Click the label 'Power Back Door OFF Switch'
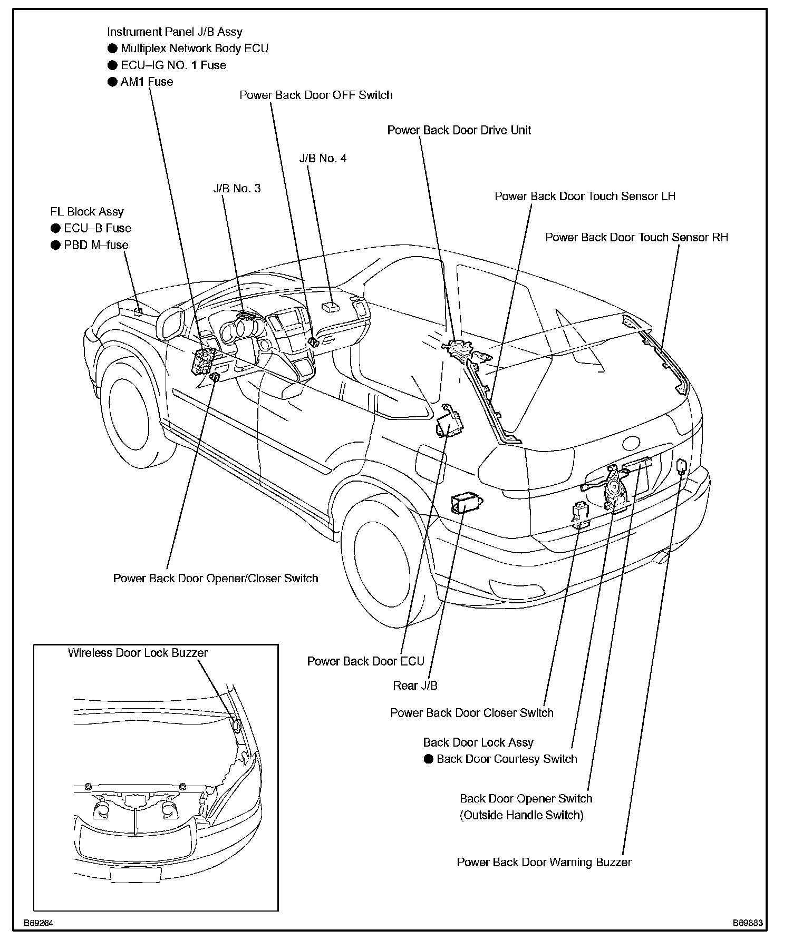316,95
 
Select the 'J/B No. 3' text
237,189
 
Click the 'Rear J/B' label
415,686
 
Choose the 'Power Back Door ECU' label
365,661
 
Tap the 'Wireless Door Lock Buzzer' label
138,653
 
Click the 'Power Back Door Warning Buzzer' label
544,863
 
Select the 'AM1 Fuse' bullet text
147,82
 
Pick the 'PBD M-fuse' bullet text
96,245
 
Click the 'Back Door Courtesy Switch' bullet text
506,759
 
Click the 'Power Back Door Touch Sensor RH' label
636,238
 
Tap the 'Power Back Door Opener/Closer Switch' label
216,579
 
